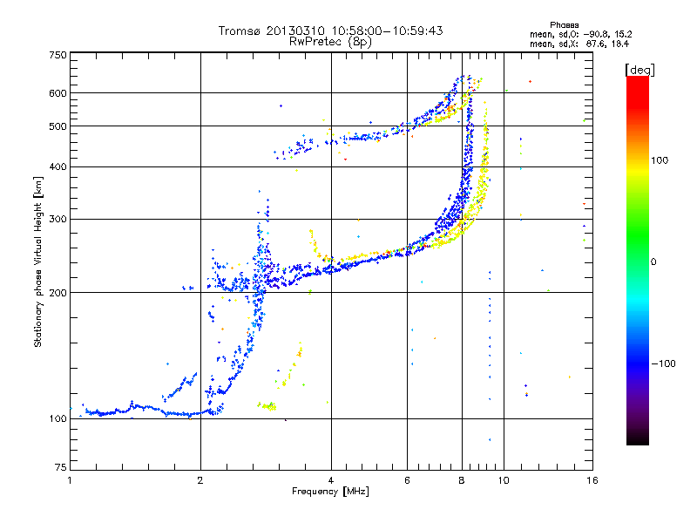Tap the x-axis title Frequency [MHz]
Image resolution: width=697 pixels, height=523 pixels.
(330, 492)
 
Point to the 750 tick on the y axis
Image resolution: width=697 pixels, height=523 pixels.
(58, 54)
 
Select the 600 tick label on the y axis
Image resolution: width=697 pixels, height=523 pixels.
(58, 92)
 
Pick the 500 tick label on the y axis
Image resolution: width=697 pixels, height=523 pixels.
(58, 126)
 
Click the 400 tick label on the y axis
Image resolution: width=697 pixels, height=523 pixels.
(58, 166)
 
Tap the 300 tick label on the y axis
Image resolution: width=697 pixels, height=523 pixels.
(58, 219)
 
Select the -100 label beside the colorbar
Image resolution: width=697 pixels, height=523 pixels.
(663, 363)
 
